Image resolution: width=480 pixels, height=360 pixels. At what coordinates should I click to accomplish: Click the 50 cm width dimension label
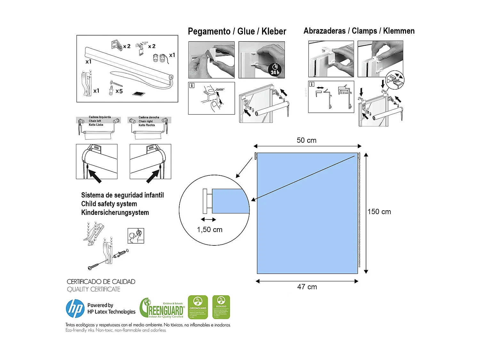(306, 140)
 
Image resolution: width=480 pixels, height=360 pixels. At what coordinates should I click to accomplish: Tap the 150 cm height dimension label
(379, 212)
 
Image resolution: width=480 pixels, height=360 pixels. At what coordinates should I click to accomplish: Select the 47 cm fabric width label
(307, 287)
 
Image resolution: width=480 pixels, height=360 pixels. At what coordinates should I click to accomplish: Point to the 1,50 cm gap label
(210, 229)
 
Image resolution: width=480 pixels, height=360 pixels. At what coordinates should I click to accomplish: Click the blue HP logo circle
(75, 308)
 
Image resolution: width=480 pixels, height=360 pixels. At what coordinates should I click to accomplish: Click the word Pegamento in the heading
(209, 31)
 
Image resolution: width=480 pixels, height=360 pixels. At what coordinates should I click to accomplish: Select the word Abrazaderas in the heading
(324, 31)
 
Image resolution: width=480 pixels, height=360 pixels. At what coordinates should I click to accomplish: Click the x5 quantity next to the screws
(119, 91)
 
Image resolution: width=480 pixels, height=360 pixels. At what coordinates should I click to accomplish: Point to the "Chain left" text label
(95, 121)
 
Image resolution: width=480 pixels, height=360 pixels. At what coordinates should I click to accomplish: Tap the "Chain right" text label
(146, 121)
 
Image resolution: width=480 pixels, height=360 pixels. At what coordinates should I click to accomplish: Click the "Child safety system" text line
(109, 204)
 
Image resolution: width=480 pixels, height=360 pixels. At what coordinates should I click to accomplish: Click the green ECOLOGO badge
(221, 307)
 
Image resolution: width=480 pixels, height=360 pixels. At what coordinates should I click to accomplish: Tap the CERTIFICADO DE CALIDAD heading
(101, 282)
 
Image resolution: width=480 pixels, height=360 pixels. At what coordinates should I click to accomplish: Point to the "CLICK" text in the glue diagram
(220, 90)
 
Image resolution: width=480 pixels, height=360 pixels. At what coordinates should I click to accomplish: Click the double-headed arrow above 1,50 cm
(208, 220)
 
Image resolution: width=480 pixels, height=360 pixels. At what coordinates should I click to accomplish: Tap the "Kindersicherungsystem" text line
(115, 212)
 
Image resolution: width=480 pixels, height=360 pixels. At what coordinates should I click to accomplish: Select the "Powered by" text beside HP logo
(100, 305)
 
